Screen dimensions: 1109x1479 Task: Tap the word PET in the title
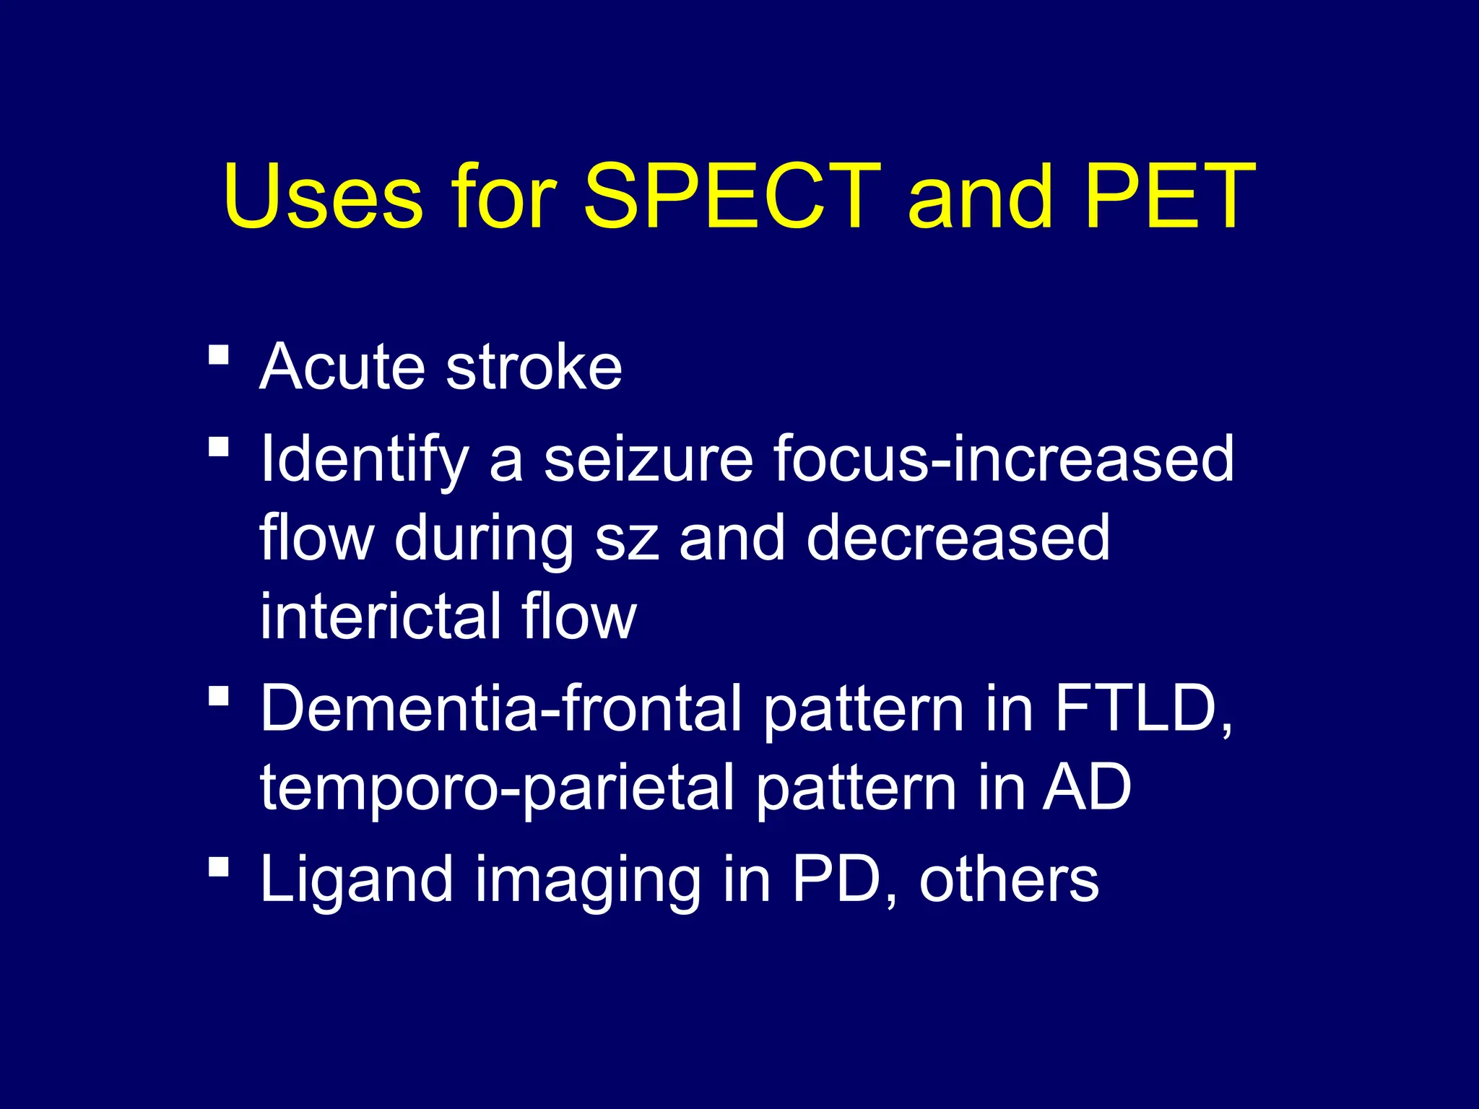point(1170,196)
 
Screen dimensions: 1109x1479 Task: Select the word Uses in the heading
point(322,196)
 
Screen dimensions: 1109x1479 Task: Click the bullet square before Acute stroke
point(218,355)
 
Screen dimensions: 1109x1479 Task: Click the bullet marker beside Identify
point(218,447)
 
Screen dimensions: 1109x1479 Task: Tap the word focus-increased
point(1004,460)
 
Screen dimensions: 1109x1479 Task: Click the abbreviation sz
point(626,539)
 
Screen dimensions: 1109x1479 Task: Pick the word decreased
point(958,539)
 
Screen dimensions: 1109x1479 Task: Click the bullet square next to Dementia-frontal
point(218,696)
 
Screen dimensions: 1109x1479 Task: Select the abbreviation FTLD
point(1141,709)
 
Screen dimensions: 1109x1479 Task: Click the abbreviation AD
point(1086,788)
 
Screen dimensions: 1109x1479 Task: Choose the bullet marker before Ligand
point(218,866)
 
